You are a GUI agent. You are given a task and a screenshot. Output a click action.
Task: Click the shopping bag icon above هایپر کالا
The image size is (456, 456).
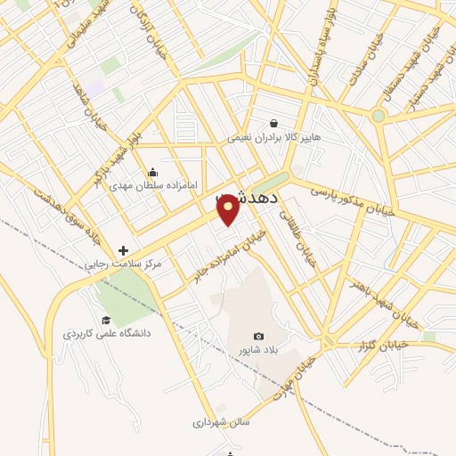click(274, 124)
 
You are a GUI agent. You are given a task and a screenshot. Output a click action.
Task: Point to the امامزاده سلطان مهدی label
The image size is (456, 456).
click(145, 187)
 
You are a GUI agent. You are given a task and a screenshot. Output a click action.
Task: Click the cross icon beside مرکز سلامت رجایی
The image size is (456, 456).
click(123, 251)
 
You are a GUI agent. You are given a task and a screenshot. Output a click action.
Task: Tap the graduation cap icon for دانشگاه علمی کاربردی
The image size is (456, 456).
click(106, 320)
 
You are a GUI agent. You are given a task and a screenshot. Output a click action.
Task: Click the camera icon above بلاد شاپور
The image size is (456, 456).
click(258, 336)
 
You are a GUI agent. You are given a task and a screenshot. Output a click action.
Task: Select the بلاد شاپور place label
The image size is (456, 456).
click(258, 350)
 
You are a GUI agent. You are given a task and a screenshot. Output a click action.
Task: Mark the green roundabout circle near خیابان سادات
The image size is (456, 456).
click(378, 116)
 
